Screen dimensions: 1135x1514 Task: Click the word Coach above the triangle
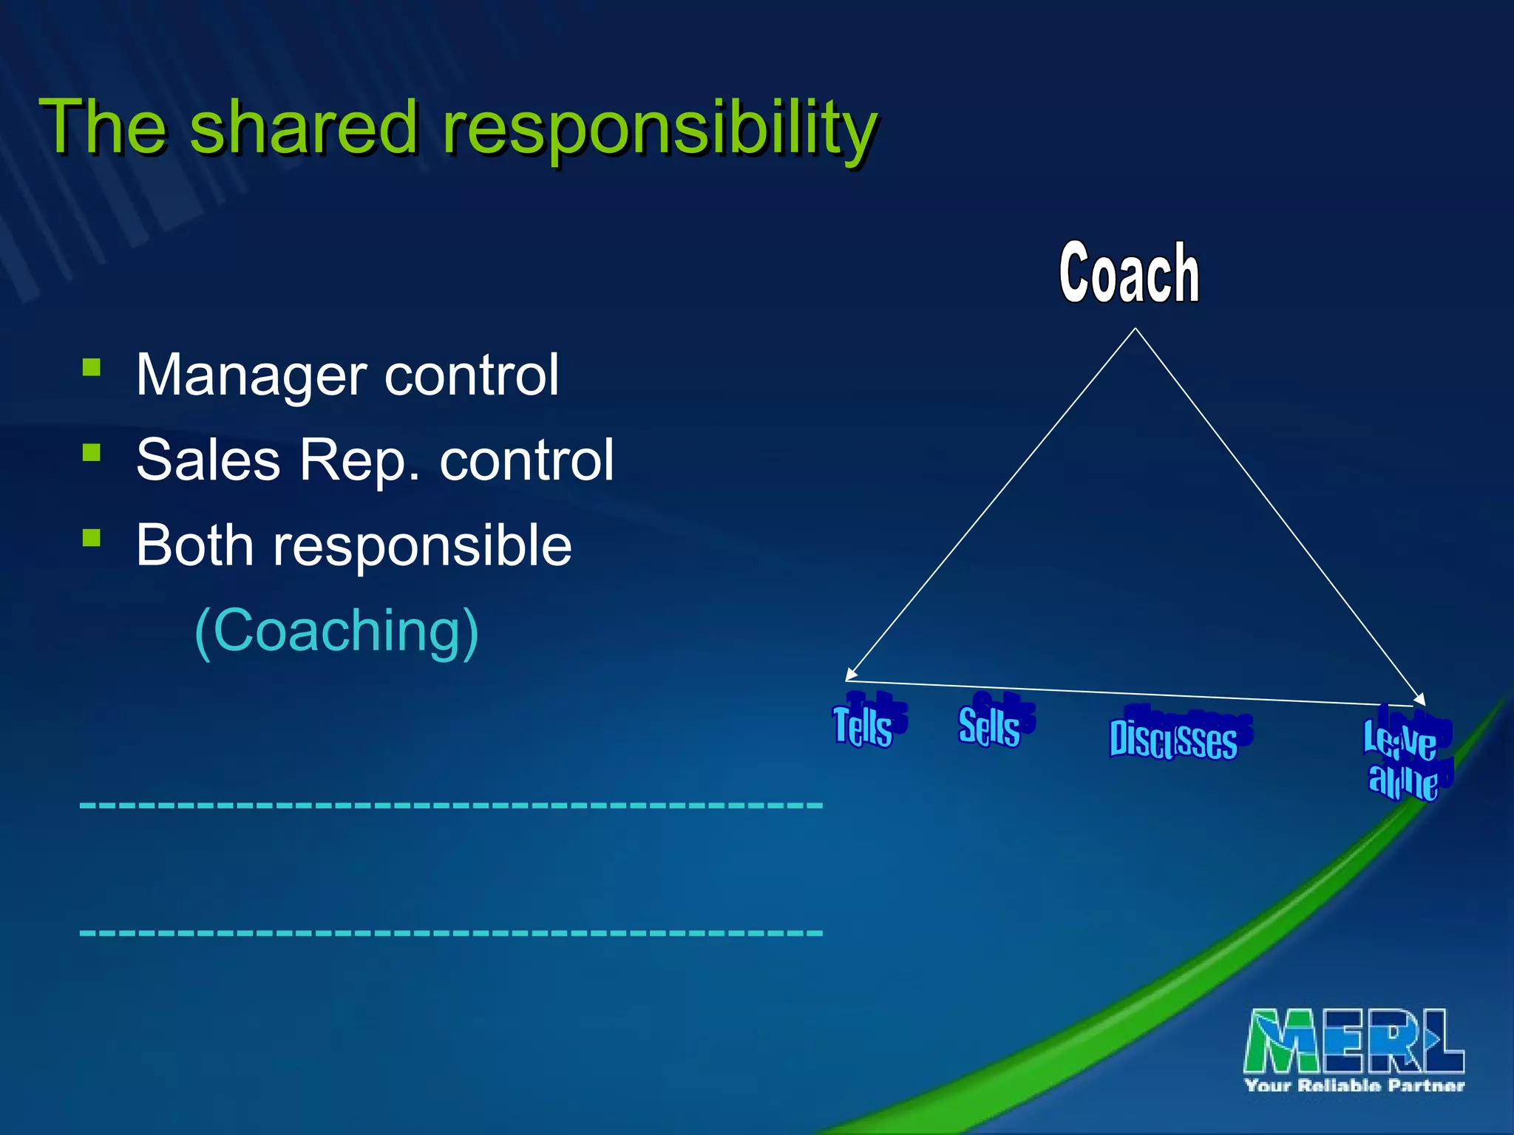[1129, 274]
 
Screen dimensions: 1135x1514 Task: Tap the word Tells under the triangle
[863, 726]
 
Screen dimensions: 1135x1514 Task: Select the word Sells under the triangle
[989, 726]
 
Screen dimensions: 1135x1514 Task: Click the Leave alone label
[1402, 760]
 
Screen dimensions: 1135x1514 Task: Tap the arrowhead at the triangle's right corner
[1420, 699]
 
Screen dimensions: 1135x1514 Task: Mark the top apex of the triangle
[1135, 330]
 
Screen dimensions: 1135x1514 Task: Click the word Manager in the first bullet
[251, 375]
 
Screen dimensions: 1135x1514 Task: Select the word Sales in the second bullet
[208, 460]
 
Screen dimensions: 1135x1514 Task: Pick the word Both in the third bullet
[194, 545]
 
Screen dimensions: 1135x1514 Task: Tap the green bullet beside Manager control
[92, 367]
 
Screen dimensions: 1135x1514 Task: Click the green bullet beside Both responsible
[92, 537]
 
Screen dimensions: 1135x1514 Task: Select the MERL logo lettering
[1354, 1040]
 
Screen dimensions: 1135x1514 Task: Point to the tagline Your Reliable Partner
[1354, 1085]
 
